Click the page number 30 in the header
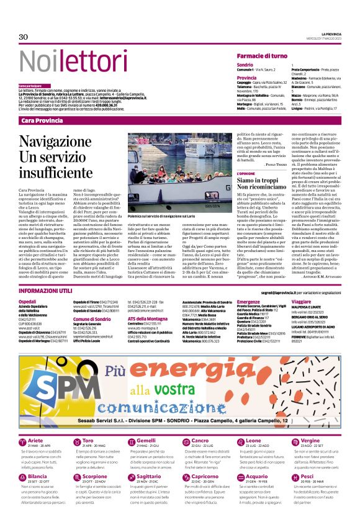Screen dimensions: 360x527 24,37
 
